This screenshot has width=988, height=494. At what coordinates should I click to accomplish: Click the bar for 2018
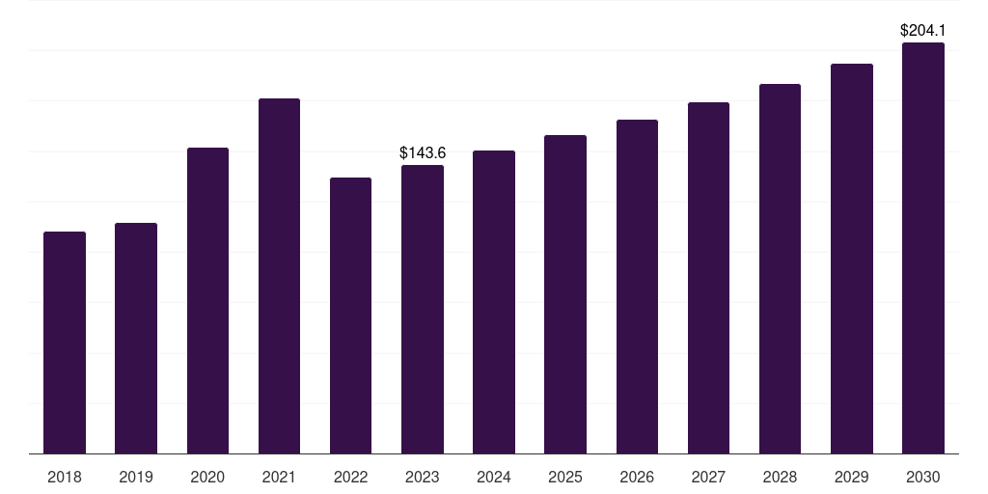pyautogui.click(x=65, y=343)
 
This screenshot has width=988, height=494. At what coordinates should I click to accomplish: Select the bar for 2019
pyautogui.click(x=136, y=338)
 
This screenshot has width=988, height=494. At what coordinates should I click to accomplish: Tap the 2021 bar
pyautogui.click(x=279, y=276)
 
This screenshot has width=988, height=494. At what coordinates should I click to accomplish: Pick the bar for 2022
pyautogui.click(x=350, y=316)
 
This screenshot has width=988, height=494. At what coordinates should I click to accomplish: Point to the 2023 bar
pyautogui.click(x=423, y=309)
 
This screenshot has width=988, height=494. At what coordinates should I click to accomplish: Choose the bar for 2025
pyautogui.click(x=565, y=294)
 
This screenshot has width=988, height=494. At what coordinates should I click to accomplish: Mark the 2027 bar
pyautogui.click(x=708, y=278)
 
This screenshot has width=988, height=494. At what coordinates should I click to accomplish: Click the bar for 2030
pyautogui.click(x=922, y=248)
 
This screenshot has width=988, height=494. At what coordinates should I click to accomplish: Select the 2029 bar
pyautogui.click(x=851, y=259)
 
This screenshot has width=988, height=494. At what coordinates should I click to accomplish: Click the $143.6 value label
pyautogui.click(x=423, y=152)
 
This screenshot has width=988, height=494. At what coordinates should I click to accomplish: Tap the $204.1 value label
pyautogui.click(x=922, y=30)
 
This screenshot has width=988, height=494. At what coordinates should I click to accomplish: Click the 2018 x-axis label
pyautogui.click(x=65, y=477)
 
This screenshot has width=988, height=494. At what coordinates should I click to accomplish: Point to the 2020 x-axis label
pyautogui.click(x=207, y=477)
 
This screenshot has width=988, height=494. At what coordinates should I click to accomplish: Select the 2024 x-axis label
pyautogui.click(x=494, y=477)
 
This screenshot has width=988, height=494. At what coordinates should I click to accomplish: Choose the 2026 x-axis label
pyautogui.click(x=637, y=477)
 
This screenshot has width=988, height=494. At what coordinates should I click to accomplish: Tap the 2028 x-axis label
pyautogui.click(x=780, y=477)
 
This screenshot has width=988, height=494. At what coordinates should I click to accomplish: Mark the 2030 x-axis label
pyautogui.click(x=922, y=477)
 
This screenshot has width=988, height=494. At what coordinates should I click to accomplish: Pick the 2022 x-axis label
pyautogui.click(x=350, y=477)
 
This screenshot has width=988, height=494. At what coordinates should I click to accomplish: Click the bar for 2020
pyautogui.click(x=207, y=300)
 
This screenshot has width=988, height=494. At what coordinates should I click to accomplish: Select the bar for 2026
pyautogui.click(x=637, y=287)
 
